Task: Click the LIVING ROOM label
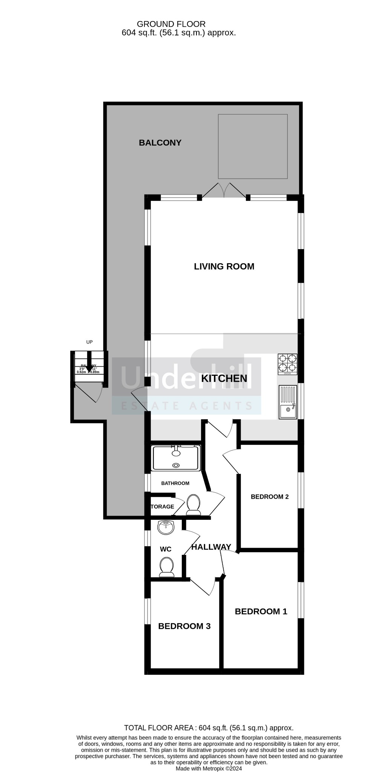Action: pos(224,267)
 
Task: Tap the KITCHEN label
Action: pos(224,378)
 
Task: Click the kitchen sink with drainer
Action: pos(288,402)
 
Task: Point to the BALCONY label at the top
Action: pos(160,142)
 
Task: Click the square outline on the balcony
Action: pos(253,146)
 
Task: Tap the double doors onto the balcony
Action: pos(224,190)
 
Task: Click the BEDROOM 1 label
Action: pos(261,611)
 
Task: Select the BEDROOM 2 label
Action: pos(270,496)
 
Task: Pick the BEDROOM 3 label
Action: pos(184,626)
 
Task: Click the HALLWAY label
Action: pos(211,547)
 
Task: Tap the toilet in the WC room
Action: pos(166,567)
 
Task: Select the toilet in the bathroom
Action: pos(193,505)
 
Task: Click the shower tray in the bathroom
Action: pos(176,458)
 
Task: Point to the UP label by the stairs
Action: pos(89,342)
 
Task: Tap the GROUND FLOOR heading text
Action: pos(171,25)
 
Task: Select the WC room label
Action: pos(166,549)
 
